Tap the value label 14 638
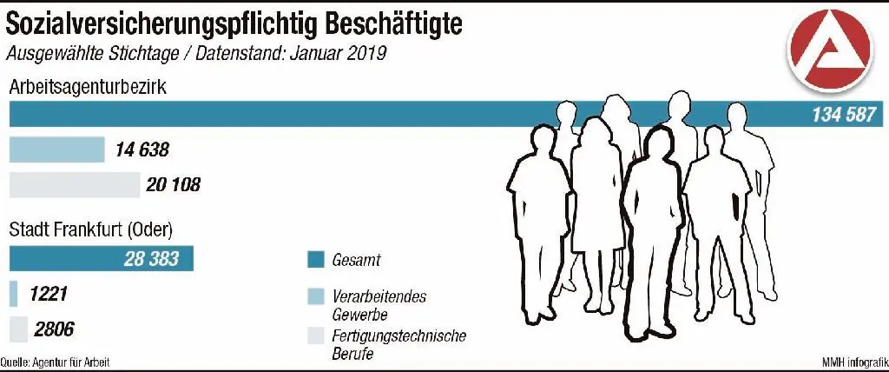(x=142, y=149)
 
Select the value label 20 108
(x=174, y=184)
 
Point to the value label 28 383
(x=153, y=259)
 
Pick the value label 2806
(x=54, y=329)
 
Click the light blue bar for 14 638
(x=56, y=149)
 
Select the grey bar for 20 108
(x=74, y=184)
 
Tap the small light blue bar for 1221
(x=13, y=295)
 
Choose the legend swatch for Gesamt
(x=315, y=259)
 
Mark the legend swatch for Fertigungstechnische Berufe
(x=315, y=335)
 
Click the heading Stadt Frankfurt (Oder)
(x=91, y=231)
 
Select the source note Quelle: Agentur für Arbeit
(x=56, y=362)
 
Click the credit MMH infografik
(x=853, y=362)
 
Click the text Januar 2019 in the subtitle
(x=332, y=53)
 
